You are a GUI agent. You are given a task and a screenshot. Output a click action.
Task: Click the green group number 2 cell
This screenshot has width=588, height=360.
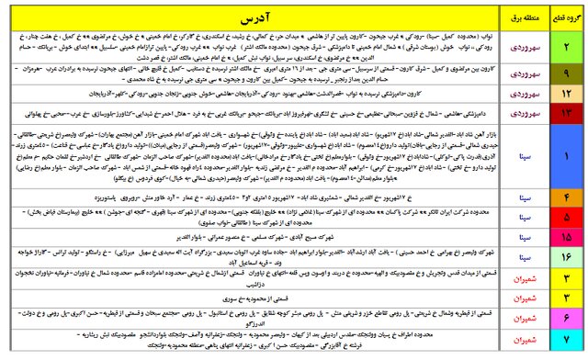click(x=565, y=45)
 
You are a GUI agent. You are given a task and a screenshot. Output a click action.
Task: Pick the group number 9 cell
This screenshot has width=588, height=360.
click(x=565, y=71)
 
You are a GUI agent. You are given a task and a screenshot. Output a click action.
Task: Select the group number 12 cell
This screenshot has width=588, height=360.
click(x=565, y=92)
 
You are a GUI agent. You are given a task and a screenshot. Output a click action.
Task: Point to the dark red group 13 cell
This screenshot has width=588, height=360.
click(x=565, y=112)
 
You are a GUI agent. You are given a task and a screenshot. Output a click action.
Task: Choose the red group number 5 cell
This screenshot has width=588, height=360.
click(x=565, y=217)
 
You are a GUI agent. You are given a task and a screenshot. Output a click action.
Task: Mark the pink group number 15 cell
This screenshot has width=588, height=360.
click(x=565, y=236)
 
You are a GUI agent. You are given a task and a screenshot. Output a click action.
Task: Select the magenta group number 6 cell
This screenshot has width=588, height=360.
click(x=565, y=318)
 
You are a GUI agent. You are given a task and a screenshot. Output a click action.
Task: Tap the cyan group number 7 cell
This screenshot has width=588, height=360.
click(x=565, y=342)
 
